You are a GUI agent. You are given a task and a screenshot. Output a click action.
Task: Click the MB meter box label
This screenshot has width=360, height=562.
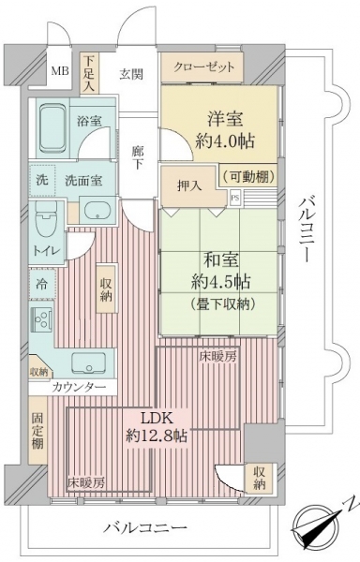pyautogui.click(x=60, y=70)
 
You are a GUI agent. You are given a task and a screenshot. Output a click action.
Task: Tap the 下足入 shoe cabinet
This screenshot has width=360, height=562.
pyautogui.click(x=89, y=73)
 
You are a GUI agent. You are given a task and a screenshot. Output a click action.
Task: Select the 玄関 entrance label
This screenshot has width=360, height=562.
pyautogui.click(x=131, y=74)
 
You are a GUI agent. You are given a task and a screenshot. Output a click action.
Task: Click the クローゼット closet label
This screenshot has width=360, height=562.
pyautogui.click(x=204, y=67)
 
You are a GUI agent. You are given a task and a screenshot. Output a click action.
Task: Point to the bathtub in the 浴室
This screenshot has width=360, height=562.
pyautogui.click(x=52, y=128)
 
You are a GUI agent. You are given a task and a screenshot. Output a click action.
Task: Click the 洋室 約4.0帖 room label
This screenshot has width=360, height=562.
pyautogui.click(x=225, y=130)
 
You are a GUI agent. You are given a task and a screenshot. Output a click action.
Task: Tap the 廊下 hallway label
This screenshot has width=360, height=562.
pyautogui.click(x=137, y=157)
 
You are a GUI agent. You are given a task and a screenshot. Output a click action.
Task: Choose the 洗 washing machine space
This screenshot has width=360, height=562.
pyautogui.click(x=42, y=180)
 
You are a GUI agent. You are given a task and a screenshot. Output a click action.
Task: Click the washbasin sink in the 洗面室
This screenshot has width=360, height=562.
pyautogui.click(x=97, y=211)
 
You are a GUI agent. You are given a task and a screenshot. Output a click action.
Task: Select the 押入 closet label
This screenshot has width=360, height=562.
pyautogui.click(x=189, y=186)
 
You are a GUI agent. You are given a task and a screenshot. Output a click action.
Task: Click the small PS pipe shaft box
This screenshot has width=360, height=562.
pyautogui.click(x=234, y=198)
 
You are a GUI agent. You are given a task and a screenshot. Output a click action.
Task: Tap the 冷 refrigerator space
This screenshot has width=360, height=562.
pyautogui.click(x=42, y=284)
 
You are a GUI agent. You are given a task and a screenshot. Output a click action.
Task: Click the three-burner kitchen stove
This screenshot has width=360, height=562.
pyautogui.click(x=43, y=318)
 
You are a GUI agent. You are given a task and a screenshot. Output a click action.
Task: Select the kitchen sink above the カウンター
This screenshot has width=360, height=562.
pyautogui.click(x=88, y=363)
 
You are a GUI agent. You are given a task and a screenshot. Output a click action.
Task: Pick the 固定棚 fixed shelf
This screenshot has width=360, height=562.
pyautogui.click(x=37, y=431)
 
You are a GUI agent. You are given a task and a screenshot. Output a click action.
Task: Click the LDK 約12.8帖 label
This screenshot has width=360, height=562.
pyautogui.click(x=157, y=427)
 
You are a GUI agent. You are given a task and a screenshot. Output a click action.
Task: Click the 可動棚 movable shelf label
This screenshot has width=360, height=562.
pyautogui.click(x=248, y=176)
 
